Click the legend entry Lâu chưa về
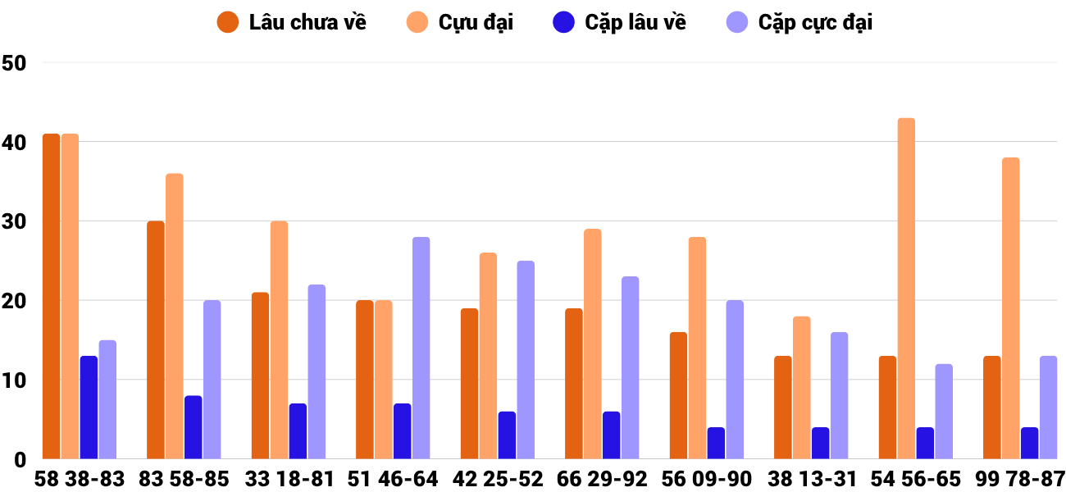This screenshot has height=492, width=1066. click(292, 22)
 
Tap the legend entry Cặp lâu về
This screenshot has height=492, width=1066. click(619, 22)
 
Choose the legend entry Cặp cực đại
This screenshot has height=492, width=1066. click(799, 22)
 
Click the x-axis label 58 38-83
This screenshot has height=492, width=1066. click(80, 479)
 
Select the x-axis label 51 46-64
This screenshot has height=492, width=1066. click(393, 479)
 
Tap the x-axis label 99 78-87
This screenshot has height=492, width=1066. click(1020, 479)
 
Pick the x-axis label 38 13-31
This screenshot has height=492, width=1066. click(811, 479)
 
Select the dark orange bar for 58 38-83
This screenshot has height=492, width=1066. click(52, 296)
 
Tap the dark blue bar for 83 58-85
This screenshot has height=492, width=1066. click(194, 427)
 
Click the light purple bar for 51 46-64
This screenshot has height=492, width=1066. click(421, 348)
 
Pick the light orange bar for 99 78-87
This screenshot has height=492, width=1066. click(1010, 308)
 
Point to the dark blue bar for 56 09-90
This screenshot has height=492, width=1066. click(716, 443)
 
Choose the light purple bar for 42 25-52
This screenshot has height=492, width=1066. click(526, 360)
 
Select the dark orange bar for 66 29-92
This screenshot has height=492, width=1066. click(574, 384)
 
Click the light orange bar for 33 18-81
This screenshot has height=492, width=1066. click(279, 340)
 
